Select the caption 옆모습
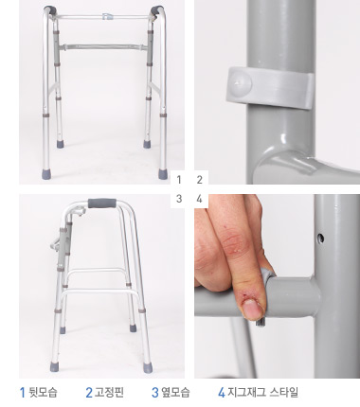(x=175, y=392)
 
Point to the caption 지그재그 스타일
(x=264, y=392)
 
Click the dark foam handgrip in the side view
(x=101, y=204)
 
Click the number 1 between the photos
(x=178, y=178)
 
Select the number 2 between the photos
(x=199, y=178)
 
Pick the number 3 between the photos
(x=178, y=199)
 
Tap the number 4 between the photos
(x=199, y=199)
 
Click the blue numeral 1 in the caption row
(x=23, y=392)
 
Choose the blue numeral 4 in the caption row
(x=221, y=392)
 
